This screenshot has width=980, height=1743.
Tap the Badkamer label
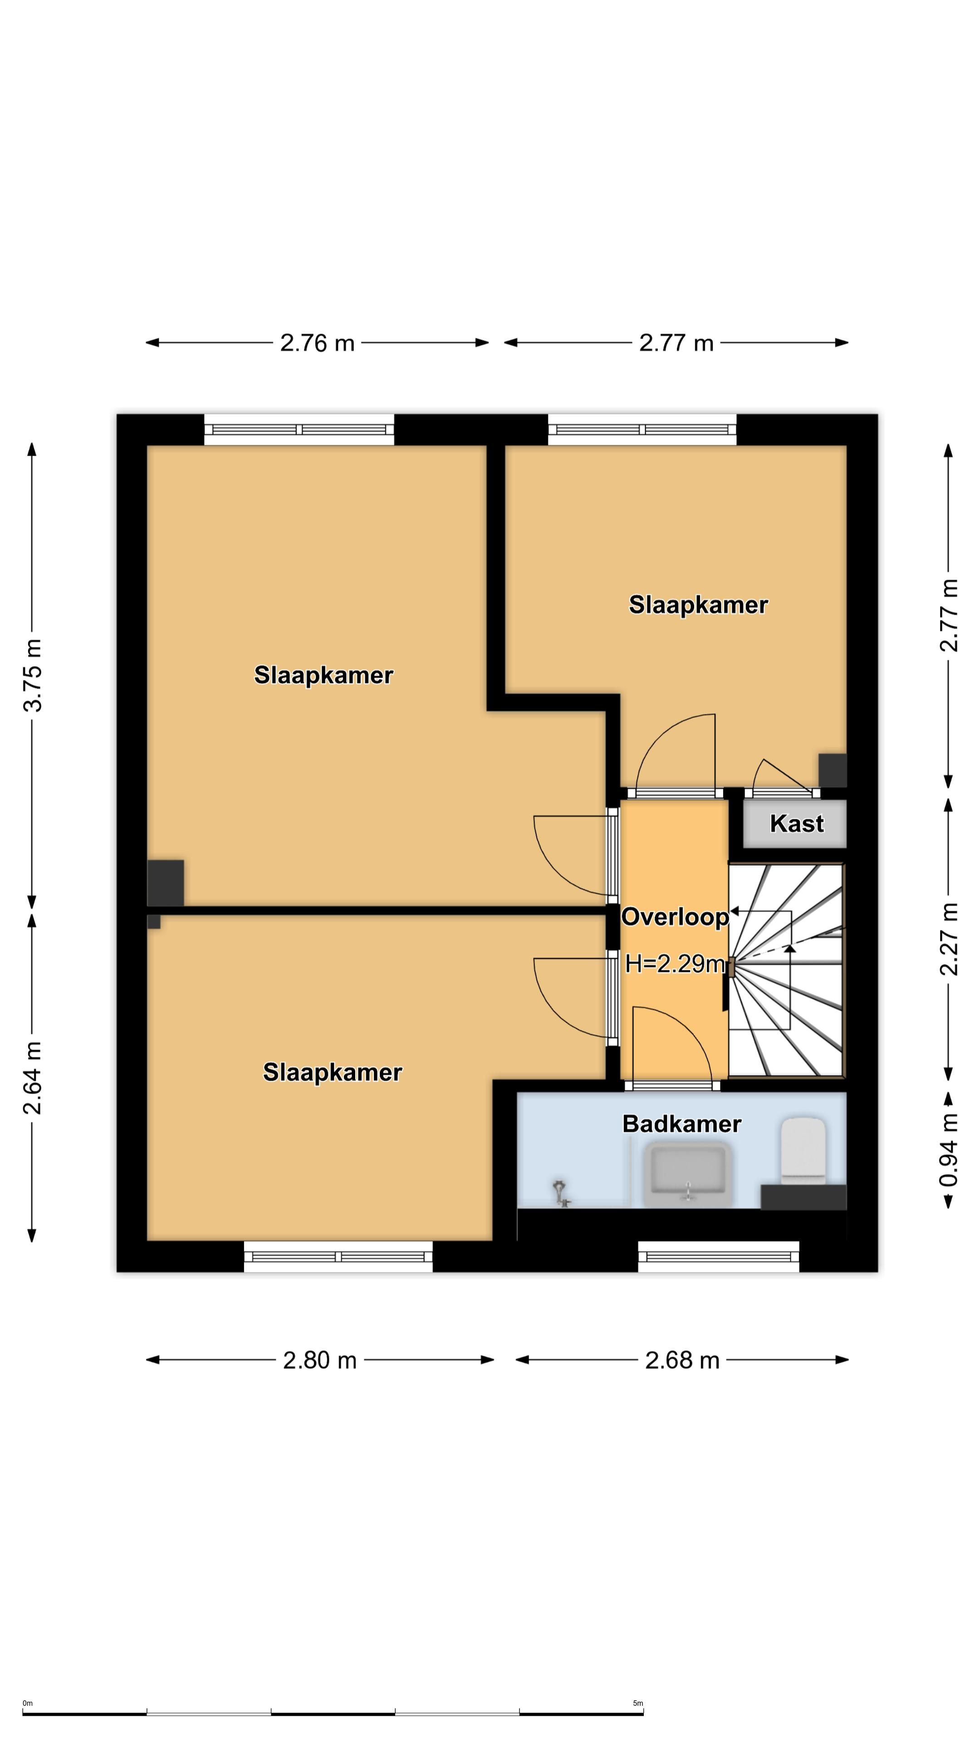682,1124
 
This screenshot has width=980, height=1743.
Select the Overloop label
675,917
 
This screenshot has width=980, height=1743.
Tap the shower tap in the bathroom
561,1193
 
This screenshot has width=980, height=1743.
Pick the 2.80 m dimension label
320,1360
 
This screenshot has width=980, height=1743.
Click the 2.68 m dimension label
682,1360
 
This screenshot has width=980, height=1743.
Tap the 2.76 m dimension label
317,343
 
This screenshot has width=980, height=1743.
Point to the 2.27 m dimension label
949,939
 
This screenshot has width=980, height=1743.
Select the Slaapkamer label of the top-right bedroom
699,604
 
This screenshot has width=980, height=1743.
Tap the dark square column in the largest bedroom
166,883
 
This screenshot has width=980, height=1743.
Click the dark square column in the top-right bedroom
833,770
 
